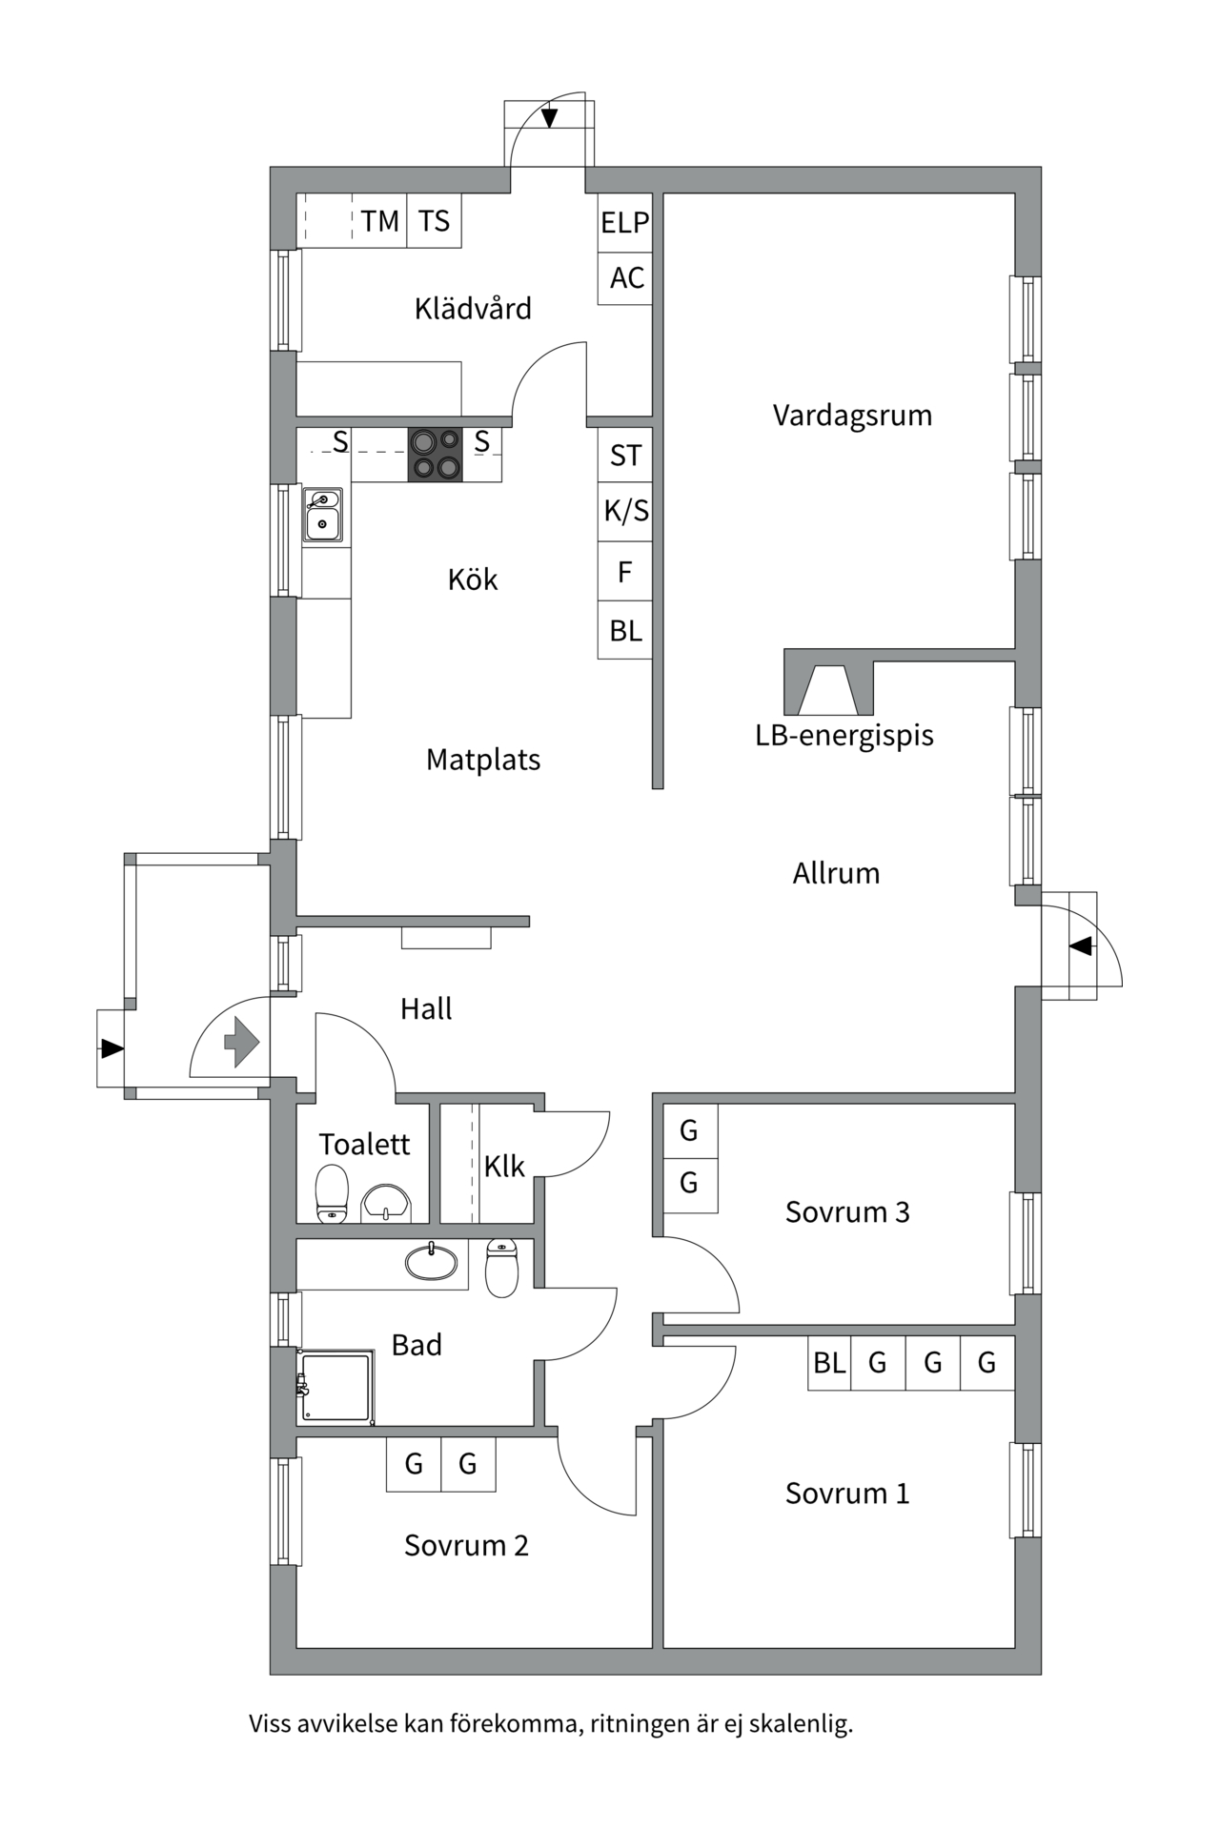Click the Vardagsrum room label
coord(852,416)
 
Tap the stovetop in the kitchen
coord(436,455)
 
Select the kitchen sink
coord(323,515)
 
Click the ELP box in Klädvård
coord(625,223)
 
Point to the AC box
coord(626,278)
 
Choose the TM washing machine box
coord(379,221)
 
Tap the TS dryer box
coord(434,221)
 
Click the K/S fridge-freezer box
coord(625,512)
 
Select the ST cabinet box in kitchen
coord(625,456)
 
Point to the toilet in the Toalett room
coord(332,1192)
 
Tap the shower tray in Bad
coord(335,1387)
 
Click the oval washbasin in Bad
coord(431,1262)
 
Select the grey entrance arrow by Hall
coord(242,1041)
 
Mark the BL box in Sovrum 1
coord(829,1363)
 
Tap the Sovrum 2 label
coord(466,1545)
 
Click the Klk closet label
coord(504,1166)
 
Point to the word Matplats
coord(483,760)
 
